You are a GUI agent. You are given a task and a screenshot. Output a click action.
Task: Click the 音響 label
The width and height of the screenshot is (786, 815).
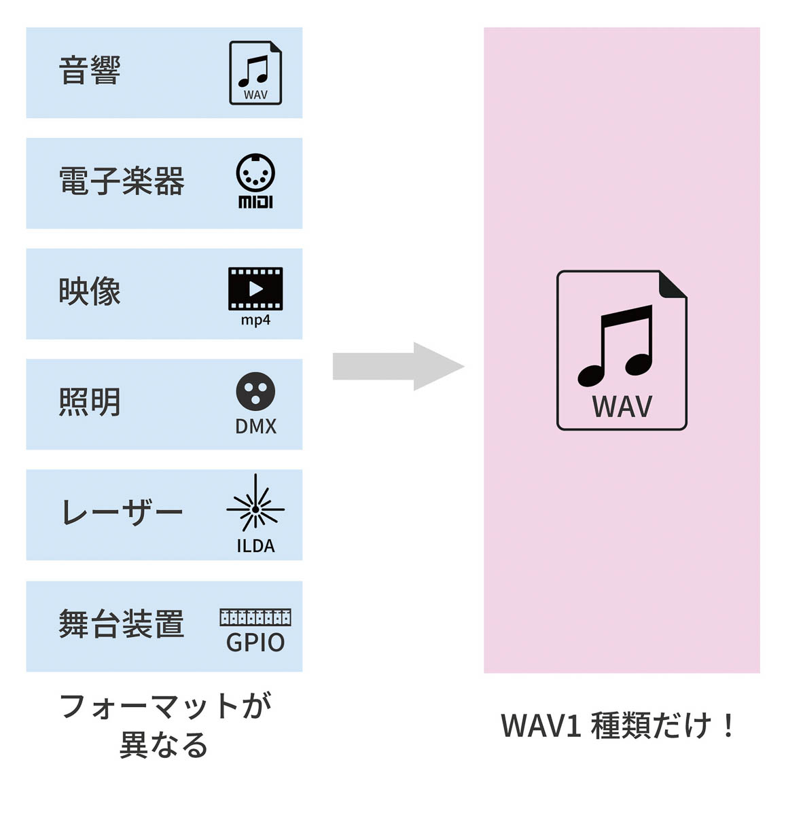pos(90,71)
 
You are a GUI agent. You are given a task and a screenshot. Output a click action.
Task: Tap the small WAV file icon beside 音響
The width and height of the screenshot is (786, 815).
pos(255,72)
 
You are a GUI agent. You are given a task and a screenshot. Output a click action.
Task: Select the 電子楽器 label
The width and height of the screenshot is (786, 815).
pos(122,181)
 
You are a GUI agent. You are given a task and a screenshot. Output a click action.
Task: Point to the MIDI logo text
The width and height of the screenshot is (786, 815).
pos(255,202)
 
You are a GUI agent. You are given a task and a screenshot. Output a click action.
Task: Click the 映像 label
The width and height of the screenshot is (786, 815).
pos(90,292)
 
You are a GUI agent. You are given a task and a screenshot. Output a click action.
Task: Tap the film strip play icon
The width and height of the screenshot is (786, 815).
pos(255,289)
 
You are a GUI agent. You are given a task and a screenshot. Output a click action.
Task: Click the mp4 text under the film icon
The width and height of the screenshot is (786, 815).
pos(255,320)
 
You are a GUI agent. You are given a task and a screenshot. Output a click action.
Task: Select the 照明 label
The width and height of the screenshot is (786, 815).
pos(90,402)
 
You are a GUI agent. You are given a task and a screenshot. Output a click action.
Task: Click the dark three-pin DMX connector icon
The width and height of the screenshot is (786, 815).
pos(255,392)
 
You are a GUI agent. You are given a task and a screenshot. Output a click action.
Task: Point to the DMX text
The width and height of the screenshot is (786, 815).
pos(255,427)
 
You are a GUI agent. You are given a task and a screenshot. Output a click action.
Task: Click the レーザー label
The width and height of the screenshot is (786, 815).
pos(122,513)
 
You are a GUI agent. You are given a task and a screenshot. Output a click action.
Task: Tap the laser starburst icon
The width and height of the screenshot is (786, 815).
pos(255,508)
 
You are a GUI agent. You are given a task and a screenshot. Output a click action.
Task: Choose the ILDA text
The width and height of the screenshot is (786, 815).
pos(255,546)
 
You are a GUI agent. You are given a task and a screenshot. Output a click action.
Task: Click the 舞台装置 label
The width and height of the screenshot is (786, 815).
pos(122,624)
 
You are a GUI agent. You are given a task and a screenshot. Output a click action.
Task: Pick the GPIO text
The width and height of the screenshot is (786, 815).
pos(255,642)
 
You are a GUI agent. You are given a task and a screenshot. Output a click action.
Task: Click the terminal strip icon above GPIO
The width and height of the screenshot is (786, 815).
pos(255,617)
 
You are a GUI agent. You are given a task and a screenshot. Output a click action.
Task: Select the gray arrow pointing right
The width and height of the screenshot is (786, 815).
pos(398,367)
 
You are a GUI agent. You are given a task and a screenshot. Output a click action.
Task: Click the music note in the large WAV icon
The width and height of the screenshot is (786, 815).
pos(615,345)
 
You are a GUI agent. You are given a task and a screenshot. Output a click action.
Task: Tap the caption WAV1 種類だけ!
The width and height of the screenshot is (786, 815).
pos(618,725)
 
